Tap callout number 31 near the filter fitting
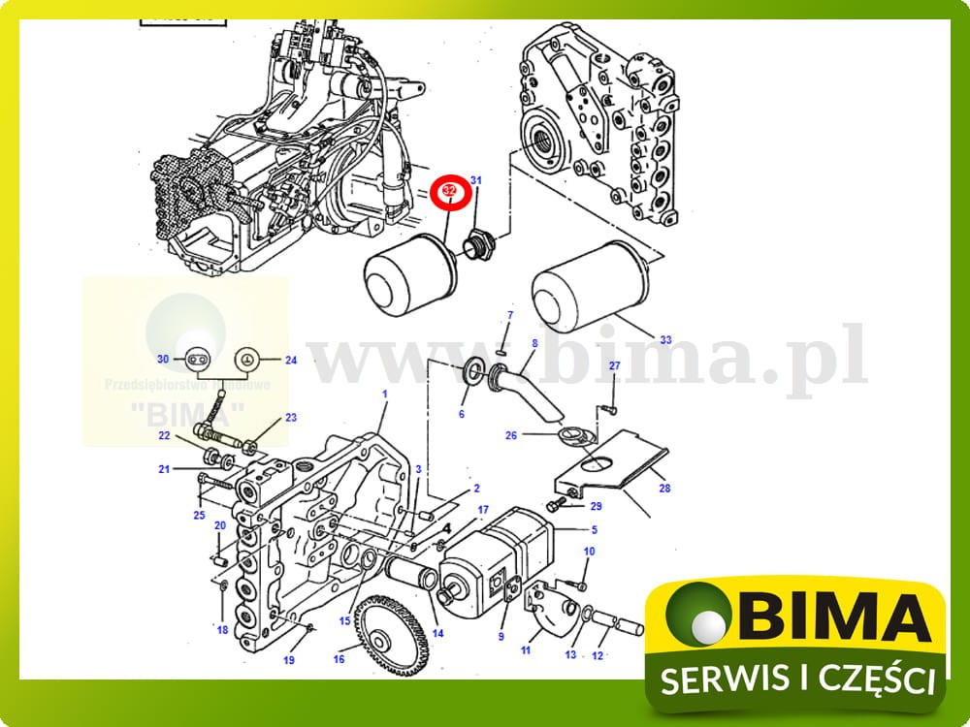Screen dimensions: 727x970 [476, 180]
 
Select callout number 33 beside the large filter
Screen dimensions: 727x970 [665, 340]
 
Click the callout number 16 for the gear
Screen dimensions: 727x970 [339, 659]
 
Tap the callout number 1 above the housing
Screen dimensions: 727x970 [384, 395]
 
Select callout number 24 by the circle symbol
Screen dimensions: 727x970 [290, 360]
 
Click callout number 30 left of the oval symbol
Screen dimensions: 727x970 [164, 360]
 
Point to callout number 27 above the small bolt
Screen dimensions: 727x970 [614, 365]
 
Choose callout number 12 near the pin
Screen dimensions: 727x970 [598, 655]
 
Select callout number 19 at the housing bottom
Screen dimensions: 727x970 [288, 660]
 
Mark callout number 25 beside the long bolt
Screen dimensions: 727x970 [199, 515]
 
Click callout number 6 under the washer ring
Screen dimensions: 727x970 [462, 414]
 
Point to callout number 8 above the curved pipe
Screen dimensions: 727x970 [533, 342]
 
